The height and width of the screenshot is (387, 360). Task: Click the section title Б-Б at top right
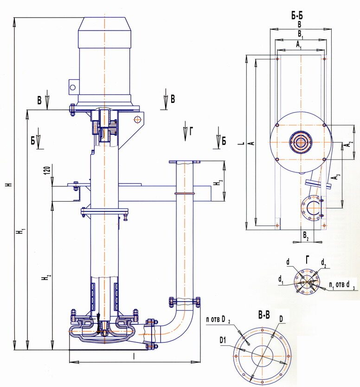297,16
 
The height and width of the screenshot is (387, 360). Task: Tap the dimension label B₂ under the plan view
306,235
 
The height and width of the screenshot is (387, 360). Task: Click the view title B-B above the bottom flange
264,315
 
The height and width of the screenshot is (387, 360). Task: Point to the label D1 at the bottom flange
223,340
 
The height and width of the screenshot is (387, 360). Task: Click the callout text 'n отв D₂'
219,320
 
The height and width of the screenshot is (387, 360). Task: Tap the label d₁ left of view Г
281,279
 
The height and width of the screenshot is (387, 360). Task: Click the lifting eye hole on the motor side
73,87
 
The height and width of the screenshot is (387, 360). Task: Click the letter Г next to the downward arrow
192,132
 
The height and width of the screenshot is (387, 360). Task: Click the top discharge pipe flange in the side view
184,162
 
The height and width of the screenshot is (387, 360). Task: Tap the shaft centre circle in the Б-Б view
301,142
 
